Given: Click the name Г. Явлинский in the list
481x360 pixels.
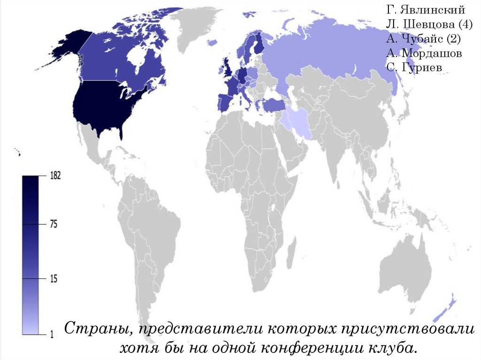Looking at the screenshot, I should coord(426,9).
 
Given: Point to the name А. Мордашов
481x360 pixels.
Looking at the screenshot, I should coord(424,53).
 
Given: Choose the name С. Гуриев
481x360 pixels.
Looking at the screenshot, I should coord(414,68).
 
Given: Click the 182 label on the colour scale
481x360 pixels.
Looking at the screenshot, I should coord(55,176).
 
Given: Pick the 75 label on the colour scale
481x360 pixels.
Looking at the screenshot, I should coord(53,224).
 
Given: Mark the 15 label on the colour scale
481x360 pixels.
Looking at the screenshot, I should coord(53,279).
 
